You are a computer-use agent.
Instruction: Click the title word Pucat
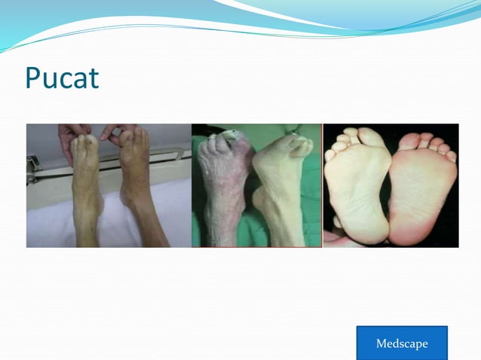pyautogui.click(x=62, y=78)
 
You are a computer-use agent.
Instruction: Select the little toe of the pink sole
pyautogui.click(x=451, y=157)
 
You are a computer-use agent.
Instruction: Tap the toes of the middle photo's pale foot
pyautogui.click(x=299, y=145)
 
